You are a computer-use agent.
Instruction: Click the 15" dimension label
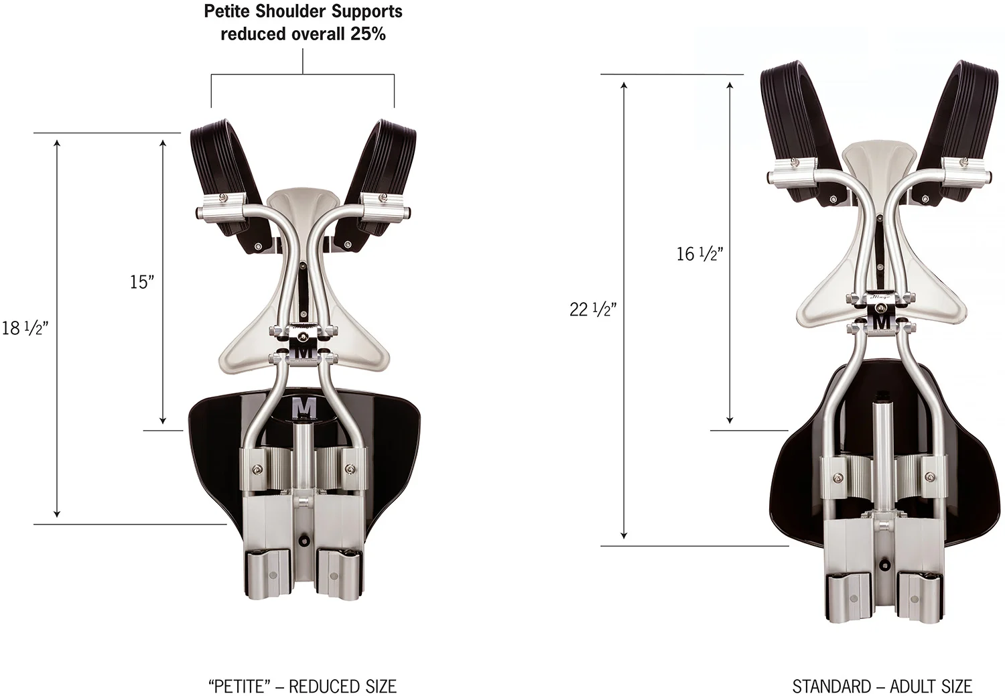coord(142,282)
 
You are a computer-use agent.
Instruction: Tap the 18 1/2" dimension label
coord(25,328)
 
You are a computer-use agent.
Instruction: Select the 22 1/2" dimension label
coord(593,309)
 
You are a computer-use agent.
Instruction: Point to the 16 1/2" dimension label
coord(700,254)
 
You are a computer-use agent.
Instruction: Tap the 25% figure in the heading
coord(368,33)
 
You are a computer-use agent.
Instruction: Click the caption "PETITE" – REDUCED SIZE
coord(302,687)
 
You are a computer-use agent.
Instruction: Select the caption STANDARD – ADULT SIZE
coord(882,687)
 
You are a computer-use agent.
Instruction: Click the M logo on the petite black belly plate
coord(304,408)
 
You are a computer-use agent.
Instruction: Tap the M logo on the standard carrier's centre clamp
coord(882,322)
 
